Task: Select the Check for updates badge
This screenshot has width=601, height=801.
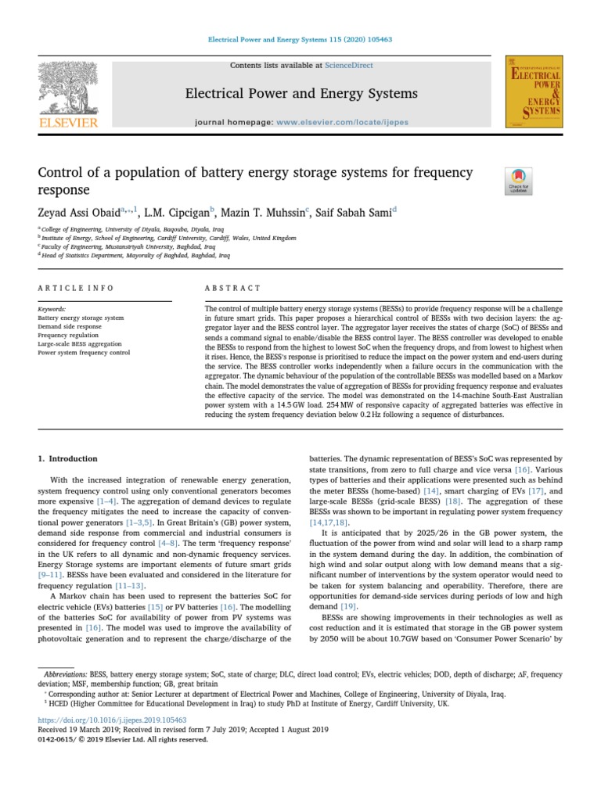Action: [x=519, y=181]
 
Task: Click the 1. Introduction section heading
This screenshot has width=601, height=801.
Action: [x=68, y=458]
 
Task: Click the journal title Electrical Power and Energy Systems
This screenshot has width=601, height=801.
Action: [x=290, y=94]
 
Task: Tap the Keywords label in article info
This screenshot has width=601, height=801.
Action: [x=52, y=310]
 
